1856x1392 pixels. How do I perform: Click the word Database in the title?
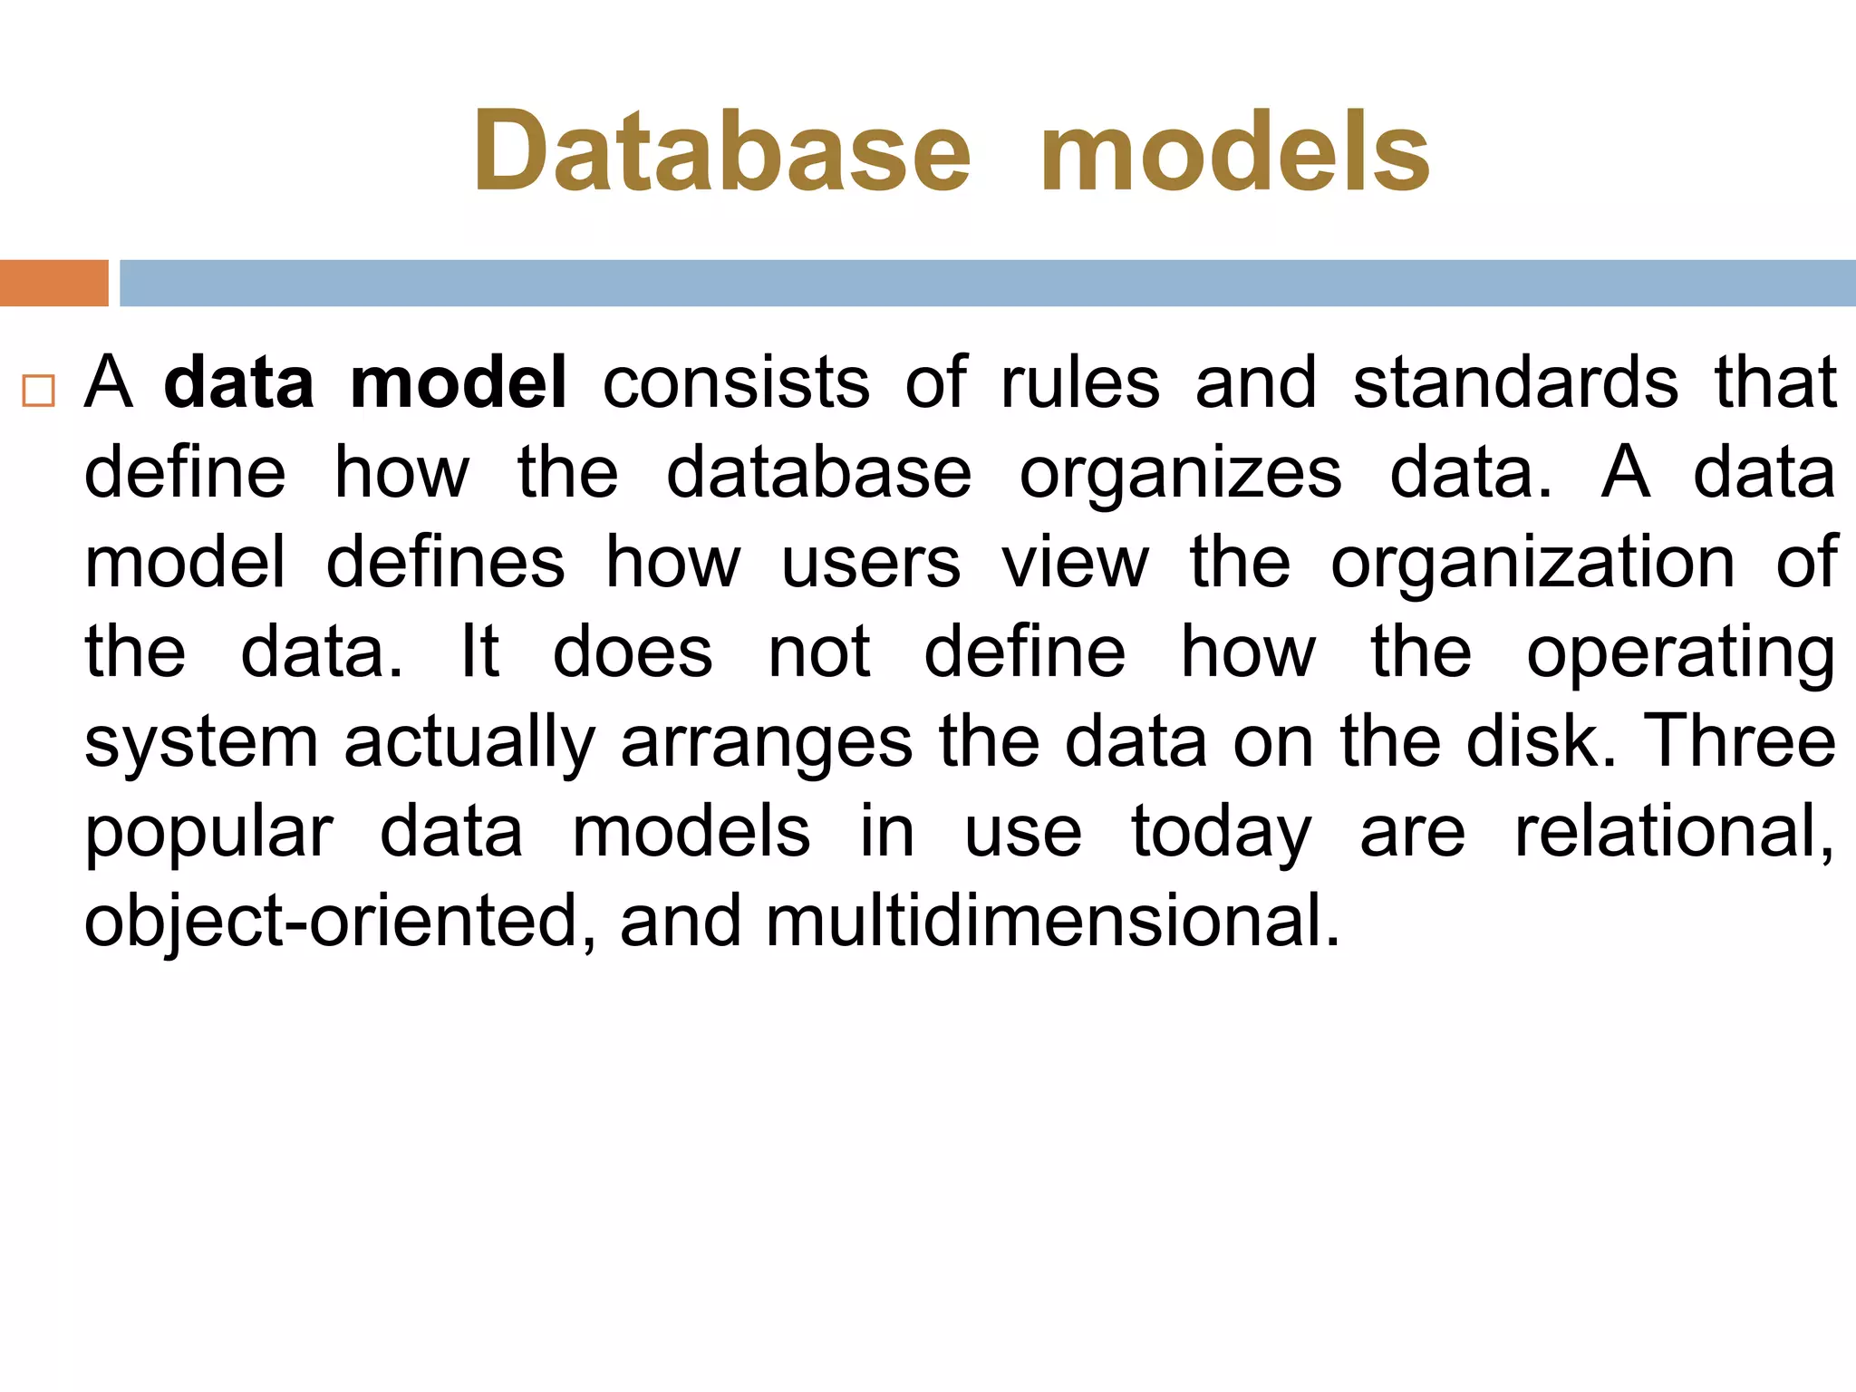[x=721, y=152]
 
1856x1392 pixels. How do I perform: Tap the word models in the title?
[x=1234, y=152]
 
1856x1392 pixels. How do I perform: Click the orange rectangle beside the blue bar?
[x=53, y=283]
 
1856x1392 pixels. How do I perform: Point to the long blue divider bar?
[x=987, y=283]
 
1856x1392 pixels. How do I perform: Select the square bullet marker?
[x=39, y=391]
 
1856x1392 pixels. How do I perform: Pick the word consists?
[x=736, y=382]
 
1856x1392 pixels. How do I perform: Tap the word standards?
[x=1515, y=382]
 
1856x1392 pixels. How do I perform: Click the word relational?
[x=1673, y=831]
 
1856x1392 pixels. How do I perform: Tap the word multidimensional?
[x=1051, y=921]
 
